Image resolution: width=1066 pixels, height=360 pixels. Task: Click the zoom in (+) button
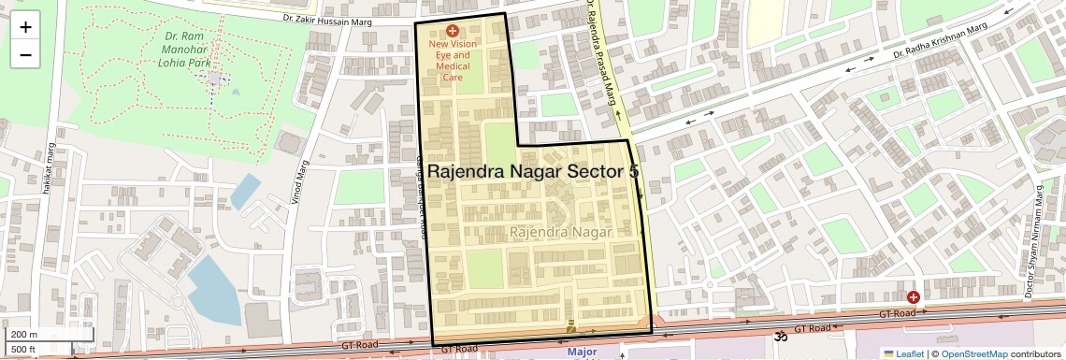coord(25,27)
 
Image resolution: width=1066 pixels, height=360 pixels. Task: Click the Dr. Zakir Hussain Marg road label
coord(335,17)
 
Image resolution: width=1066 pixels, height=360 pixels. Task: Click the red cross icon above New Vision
coord(454,31)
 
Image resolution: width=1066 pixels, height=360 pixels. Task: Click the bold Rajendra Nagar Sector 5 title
coord(533,172)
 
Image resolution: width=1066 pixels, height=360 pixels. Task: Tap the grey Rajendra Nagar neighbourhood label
coord(561,231)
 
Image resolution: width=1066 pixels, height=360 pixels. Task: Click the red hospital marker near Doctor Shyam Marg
coord(913,296)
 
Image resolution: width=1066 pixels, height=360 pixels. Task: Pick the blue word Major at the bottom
coord(582,353)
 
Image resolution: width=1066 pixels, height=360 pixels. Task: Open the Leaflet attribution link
coord(902,353)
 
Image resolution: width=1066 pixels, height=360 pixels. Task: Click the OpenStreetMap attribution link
coord(973,353)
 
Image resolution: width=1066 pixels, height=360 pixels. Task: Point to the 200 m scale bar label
coord(24,335)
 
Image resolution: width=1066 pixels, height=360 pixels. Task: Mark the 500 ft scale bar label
coord(23,350)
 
